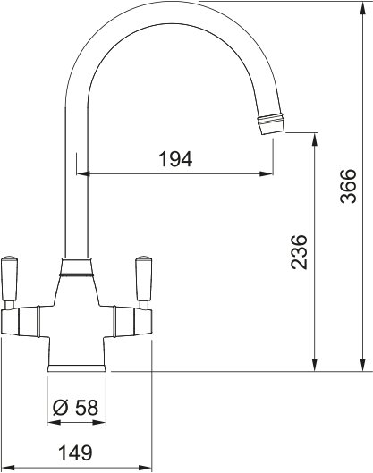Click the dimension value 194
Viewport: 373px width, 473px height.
(175, 159)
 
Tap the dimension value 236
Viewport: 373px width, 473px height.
(301, 252)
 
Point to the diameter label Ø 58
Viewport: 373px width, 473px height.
(75, 407)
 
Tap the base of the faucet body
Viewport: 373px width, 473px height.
(76, 363)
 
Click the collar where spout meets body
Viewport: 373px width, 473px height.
(76, 265)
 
